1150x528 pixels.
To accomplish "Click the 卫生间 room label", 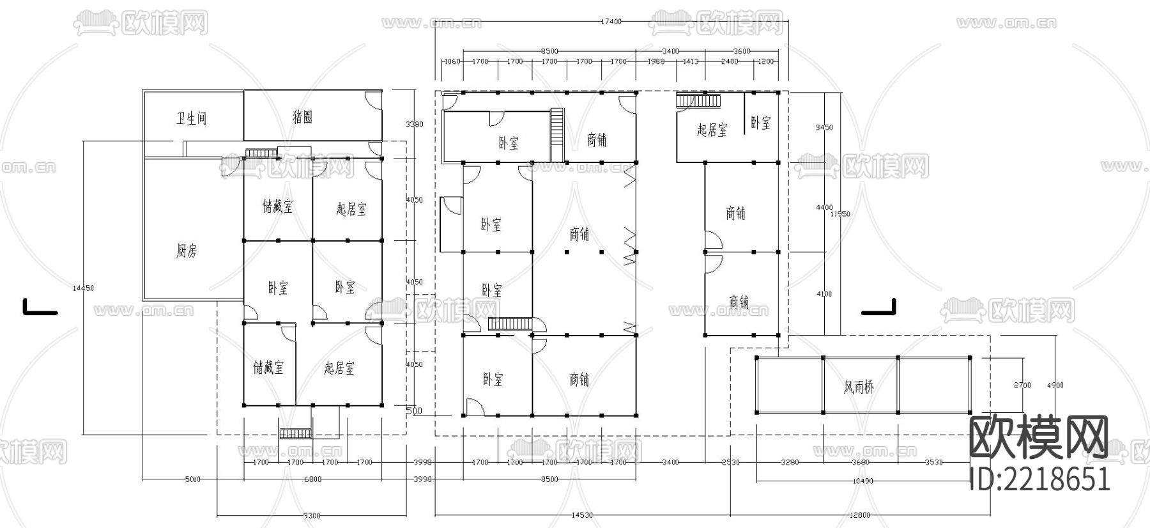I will [192, 118].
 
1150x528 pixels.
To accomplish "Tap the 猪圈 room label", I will [302, 117].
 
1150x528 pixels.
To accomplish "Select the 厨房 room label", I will [187, 251].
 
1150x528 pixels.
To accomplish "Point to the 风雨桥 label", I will [859, 387].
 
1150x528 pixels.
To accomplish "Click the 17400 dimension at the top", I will [610, 22].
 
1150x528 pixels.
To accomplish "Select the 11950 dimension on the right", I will [839, 214].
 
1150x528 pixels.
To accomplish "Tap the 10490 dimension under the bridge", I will [862, 481].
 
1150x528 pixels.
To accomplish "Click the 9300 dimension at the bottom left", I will [311, 516].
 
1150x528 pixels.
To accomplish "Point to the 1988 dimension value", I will [656, 62].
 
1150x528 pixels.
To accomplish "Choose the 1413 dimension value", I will [691, 62].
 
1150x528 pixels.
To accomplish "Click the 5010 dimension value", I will [192, 479].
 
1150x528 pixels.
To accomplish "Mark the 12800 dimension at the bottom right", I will [860, 516].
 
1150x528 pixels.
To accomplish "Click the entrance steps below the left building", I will [295, 434].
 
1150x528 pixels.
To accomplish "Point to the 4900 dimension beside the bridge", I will [1055, 385].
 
